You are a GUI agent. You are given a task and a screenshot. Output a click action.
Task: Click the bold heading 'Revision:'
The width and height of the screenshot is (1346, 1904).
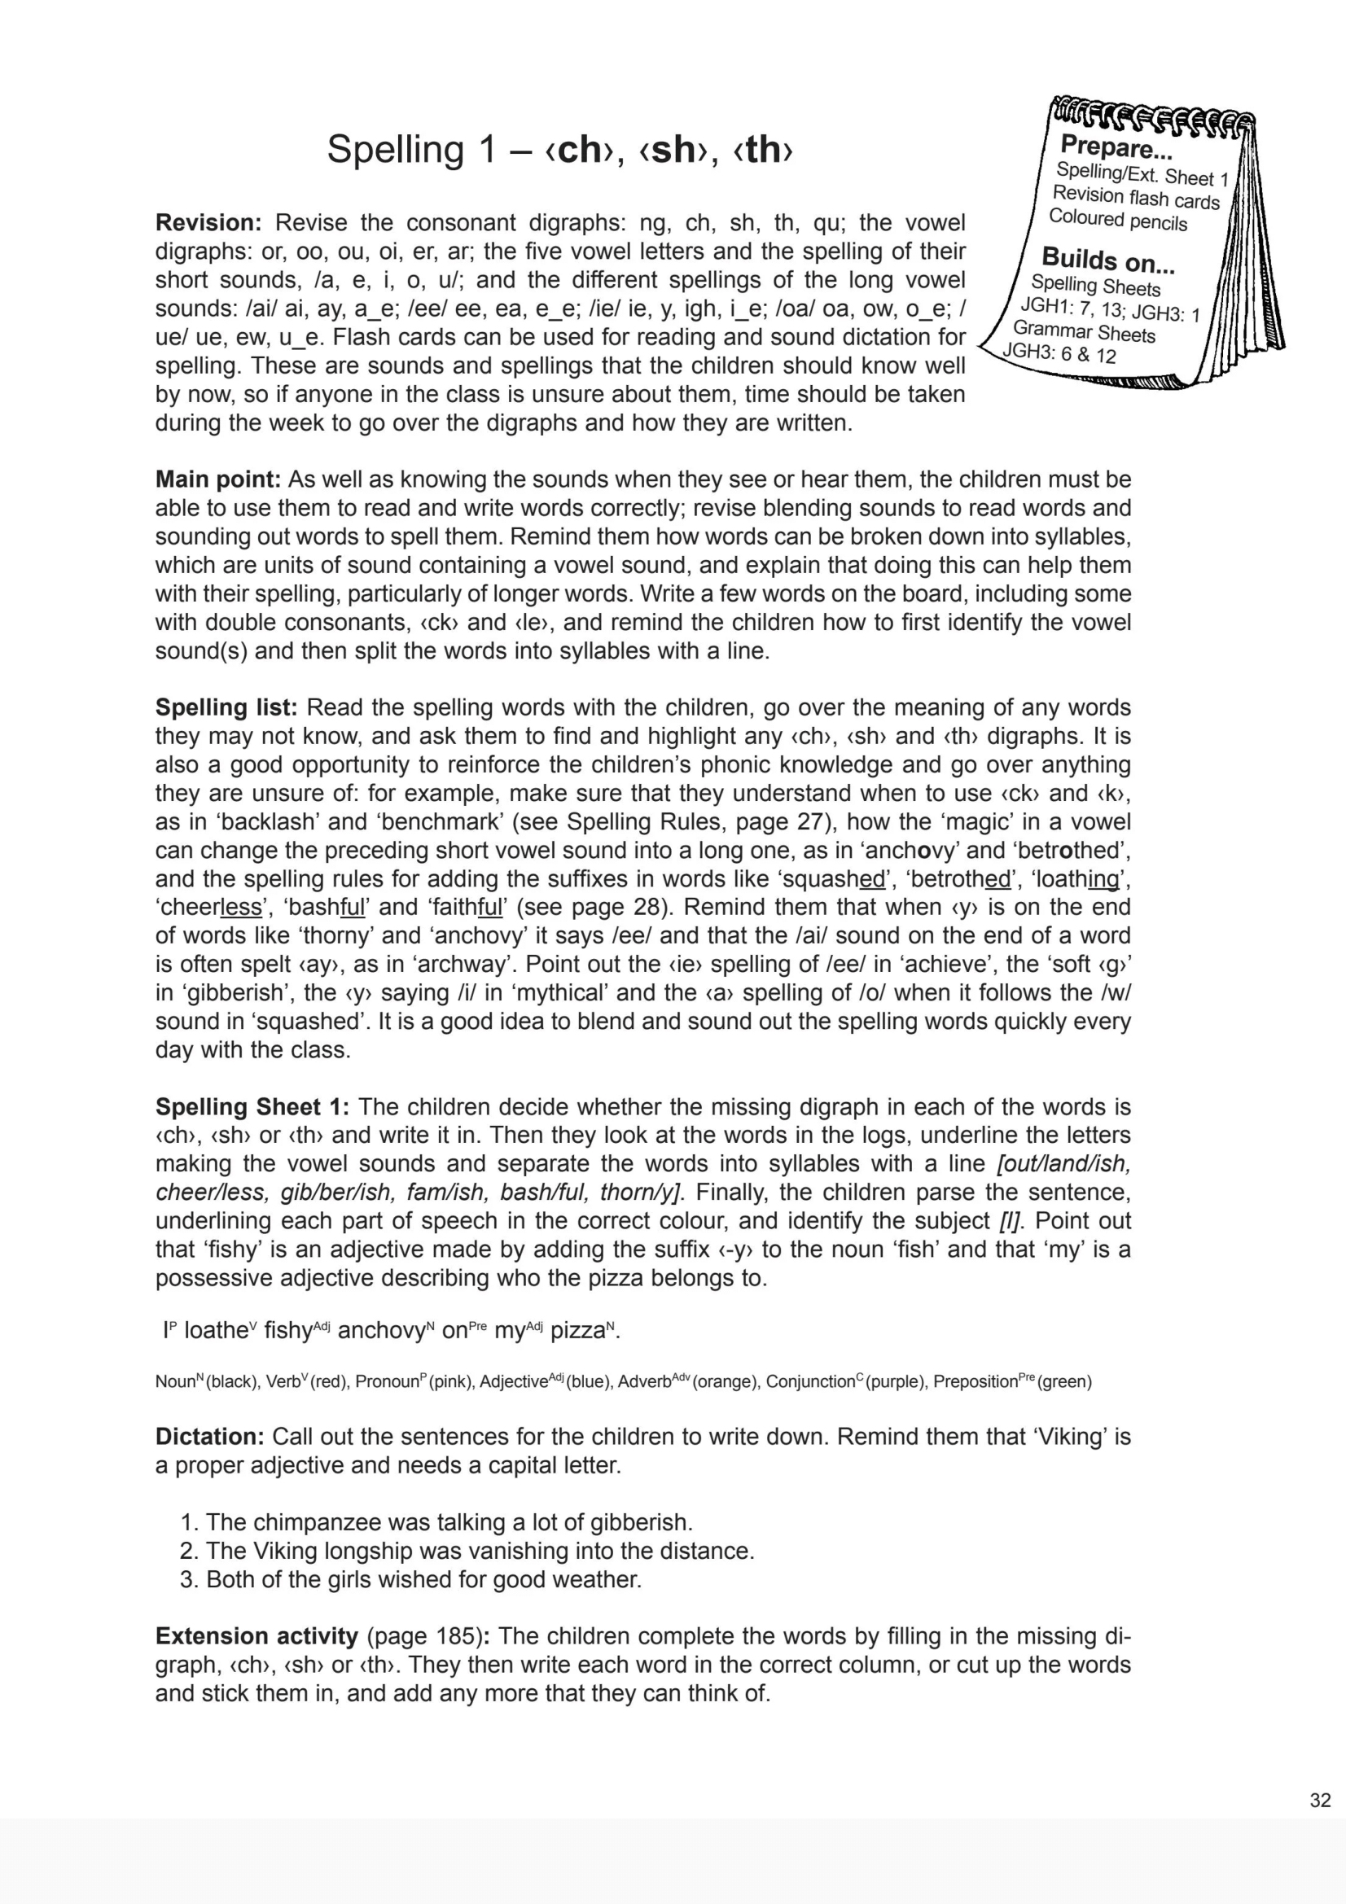(x=208, y=223)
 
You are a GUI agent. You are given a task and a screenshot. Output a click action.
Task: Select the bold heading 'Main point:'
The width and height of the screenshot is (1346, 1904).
(x=218, y=479)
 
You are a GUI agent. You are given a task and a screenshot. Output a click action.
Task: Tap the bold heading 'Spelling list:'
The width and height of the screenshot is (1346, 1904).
(x=226, y=707)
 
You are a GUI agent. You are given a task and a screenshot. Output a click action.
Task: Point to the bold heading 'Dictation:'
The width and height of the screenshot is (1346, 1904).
(x=210, y=1436)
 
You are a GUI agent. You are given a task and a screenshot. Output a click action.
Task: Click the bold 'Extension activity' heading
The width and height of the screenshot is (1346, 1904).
(x=256, y=1636)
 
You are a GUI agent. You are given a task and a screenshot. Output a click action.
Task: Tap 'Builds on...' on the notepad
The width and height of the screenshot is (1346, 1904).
(x=1107, y=260)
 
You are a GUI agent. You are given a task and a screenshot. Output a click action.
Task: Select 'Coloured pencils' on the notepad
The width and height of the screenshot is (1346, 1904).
(x=1117, y=219)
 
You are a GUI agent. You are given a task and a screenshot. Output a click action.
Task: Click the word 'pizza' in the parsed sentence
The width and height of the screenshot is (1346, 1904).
(x=577, y=1331)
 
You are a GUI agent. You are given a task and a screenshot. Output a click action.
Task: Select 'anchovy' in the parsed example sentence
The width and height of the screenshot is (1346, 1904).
(x=380, y=1331)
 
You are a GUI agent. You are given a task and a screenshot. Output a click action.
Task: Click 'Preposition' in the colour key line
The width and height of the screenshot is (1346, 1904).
(x=975, y=1381)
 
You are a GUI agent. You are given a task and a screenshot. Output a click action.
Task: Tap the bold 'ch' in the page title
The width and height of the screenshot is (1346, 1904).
(x=580, y=149)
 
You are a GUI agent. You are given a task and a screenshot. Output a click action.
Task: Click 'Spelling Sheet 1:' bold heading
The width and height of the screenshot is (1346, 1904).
(x=252, y=1106)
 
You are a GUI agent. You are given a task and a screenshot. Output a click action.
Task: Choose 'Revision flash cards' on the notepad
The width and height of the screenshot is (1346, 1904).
(x=1135, y=197)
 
